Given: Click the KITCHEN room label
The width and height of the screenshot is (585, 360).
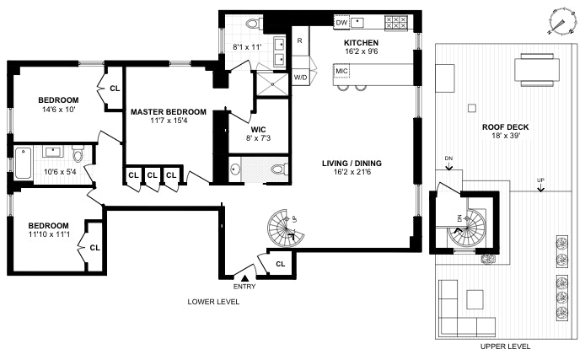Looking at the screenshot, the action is click(x=360, y=42).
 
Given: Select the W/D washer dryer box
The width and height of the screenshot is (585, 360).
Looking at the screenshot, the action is click(x=300, y=78).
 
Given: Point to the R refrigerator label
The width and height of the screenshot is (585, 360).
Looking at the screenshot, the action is click(x=299, y=40).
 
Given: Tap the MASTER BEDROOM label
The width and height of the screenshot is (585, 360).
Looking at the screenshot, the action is click(x=168, y=111).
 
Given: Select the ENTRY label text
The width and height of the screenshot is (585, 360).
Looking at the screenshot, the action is click(x=244, y=287).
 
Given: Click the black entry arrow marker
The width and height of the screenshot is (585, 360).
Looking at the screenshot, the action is click(x=244, y=277).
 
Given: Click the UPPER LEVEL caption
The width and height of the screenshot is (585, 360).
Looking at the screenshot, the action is click(x=505, y=347).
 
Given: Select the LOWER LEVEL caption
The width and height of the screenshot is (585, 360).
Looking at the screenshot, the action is click(x=214, y=301).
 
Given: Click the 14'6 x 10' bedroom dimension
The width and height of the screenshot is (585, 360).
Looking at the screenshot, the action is click(x=58, y=110).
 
